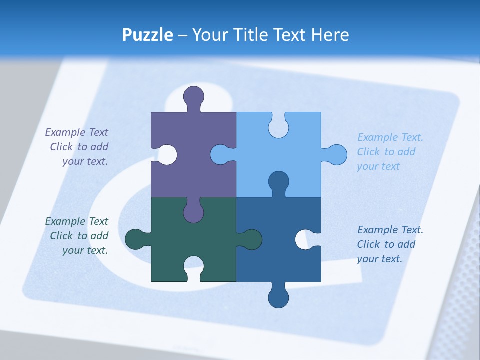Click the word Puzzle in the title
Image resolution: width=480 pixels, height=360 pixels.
pos(147,35)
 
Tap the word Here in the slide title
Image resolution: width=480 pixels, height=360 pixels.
pos(330,35)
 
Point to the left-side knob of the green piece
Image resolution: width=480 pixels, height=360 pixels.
pos(135,239)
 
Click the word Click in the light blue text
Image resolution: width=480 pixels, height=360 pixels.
pos(368,152)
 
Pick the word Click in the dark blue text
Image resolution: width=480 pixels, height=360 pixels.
pos(368,244)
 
